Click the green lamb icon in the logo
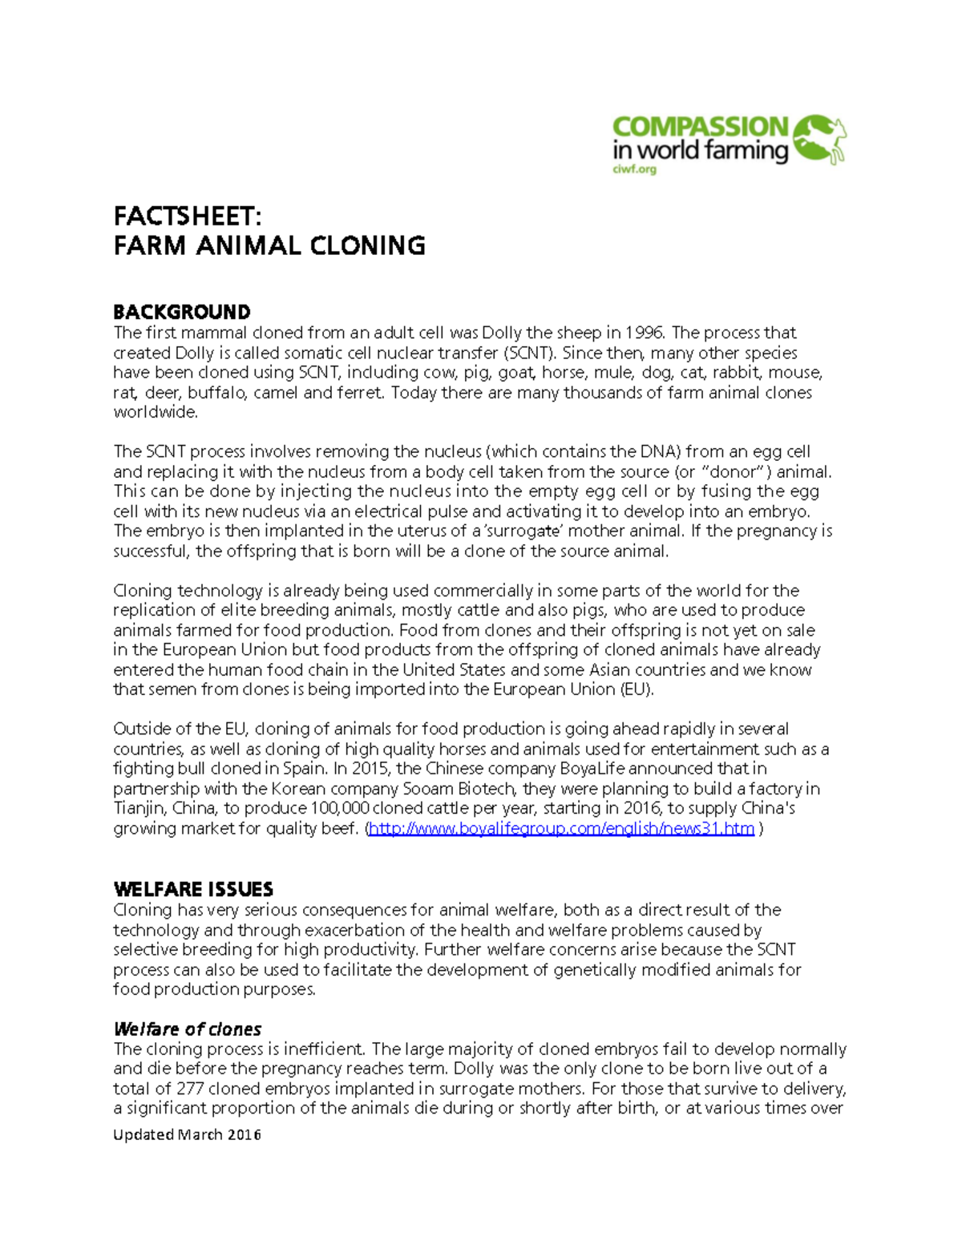819,139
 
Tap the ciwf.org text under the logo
634,169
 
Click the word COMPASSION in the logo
700,127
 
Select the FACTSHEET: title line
188,216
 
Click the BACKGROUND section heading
182,311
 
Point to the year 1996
644,333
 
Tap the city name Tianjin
139,808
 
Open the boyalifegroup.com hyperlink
561,828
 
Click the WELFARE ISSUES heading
193,889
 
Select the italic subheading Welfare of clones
188,1029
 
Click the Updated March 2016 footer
187,1134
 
